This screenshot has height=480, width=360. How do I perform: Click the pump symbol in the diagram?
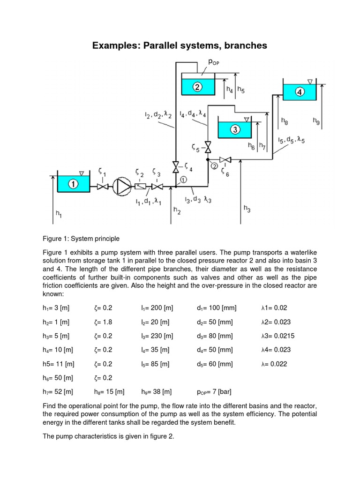[x=123, y=186]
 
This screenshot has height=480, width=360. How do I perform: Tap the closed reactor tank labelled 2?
[x=197, y=86]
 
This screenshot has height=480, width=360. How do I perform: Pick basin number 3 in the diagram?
[x=235, y=128]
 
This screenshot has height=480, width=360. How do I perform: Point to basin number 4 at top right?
[x=300, y=92]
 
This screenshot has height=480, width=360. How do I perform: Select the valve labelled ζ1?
[x=102, y=187]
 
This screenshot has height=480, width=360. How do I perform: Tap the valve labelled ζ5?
[x=208, y=147]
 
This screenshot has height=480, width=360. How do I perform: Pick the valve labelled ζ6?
[x=226, y=160]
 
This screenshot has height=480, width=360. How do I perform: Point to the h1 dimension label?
[x=59, y=213]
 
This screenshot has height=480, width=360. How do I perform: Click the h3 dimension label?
[x=247, y=208]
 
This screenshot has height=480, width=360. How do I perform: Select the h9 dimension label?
[x=317, y=121]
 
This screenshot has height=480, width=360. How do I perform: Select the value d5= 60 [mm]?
[x=215, y=363]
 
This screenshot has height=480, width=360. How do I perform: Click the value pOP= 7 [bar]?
[x=214, y=391]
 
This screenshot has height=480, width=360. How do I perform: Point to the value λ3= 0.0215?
[x=277, y=336]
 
